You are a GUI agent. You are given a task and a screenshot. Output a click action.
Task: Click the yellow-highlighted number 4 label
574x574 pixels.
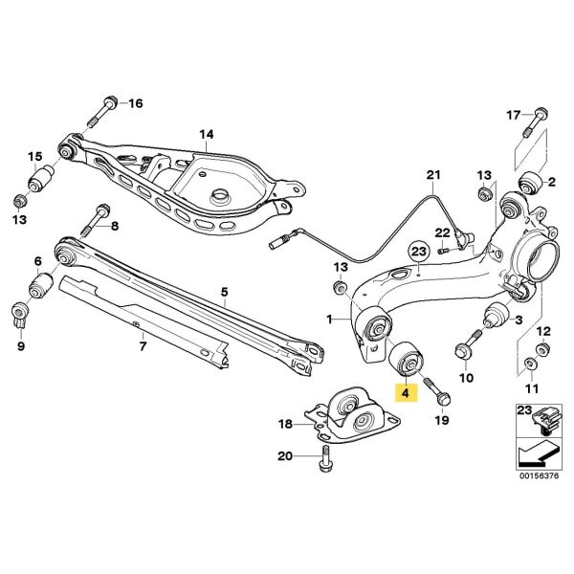[x=405, y=390]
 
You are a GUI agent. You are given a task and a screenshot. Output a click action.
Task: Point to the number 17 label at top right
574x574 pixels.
[x=513, y=115]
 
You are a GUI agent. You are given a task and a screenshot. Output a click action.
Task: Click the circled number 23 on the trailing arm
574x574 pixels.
[x=417, y=252]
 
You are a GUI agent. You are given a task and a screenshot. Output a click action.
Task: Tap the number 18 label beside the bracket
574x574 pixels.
[x=285, y=423]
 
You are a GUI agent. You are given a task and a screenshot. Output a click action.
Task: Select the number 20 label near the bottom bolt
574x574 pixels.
[x=284, y=456]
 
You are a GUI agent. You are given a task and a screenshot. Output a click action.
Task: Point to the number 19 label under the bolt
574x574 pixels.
[x=441, y=419]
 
